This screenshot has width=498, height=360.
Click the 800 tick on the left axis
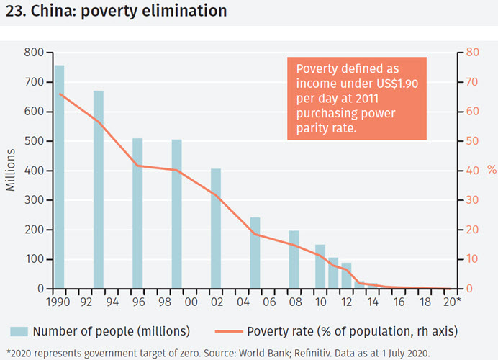click(x=33, y=53)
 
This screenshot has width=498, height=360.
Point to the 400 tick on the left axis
click(x=33, y=171)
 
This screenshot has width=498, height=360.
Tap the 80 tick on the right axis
click(x=472, y=53)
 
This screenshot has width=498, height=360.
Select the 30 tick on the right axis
click(x=472, y=200)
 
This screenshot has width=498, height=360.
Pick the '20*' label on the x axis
click(x=452, y=302)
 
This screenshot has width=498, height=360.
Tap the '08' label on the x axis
click(x=294, y=302)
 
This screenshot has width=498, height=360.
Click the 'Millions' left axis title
click(x=11, y=170)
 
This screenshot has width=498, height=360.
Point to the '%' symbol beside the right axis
click(x=492, y=171)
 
